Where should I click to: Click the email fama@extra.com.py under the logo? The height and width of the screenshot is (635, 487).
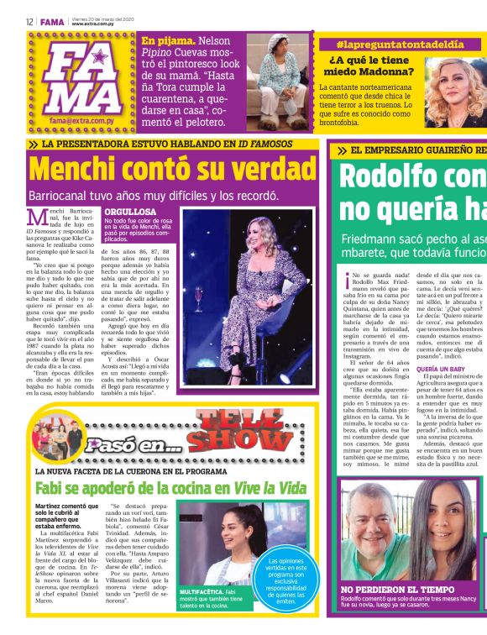[x=82, y=121]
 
